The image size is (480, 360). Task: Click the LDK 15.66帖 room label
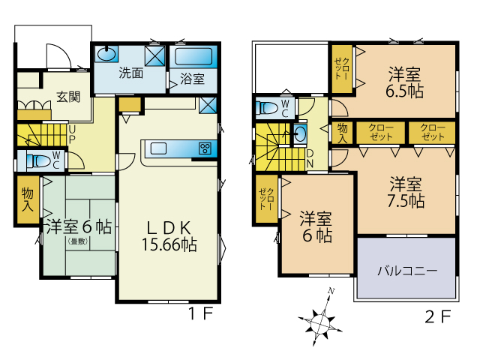click(x=169, y=236)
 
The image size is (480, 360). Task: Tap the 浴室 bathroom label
click(x=192, y=79)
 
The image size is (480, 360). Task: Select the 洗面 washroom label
click(x=130, y=73)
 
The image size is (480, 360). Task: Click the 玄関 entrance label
click(x=68, y=97)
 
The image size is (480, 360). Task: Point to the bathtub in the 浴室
click(x=193, y=56)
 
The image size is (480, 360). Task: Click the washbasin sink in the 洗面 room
click(x=106, y=55)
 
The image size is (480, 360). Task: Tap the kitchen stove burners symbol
click(x=205, y=148)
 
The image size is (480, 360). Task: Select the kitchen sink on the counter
click(x=158, y=148)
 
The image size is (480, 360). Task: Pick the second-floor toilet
click(x=267, y=108)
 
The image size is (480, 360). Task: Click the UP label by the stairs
click(x=72, y=134)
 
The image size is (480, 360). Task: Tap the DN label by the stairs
click(x=310, y=158)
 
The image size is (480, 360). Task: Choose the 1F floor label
click(x=200, y=313)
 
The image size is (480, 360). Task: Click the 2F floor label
click(x=438, y=316)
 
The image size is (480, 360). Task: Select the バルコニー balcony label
click(x=406, y=271)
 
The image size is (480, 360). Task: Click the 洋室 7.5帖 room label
click(x=406, y=193)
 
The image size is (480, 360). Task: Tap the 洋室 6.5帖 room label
click(x=405, y=82)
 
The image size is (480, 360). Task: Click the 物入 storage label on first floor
click(x=28, y=199)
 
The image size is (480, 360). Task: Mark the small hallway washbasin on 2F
click(x=300, y=133)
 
